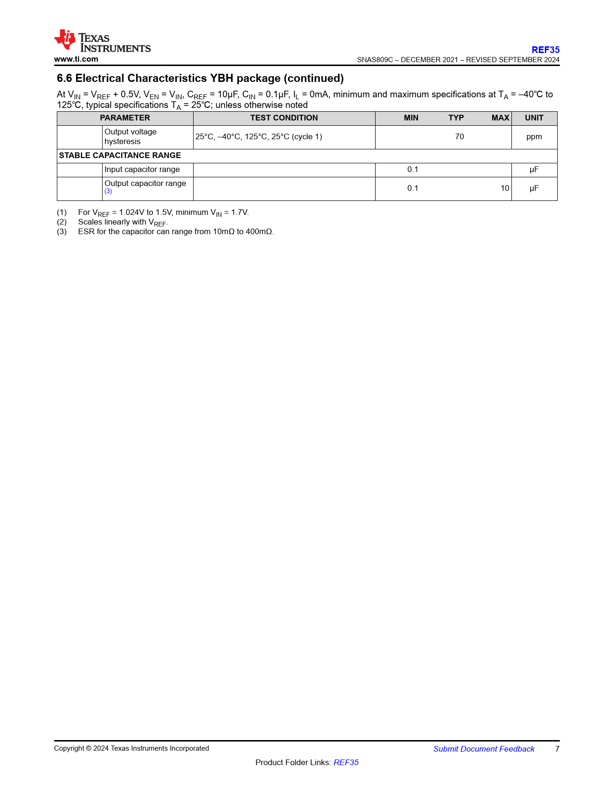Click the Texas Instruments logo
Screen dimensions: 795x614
[x=102, y=41]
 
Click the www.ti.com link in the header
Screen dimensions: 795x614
[x=76, y=59]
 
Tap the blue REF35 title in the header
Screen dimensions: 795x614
[x=545, y=50]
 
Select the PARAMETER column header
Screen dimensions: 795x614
[x=125, y=118]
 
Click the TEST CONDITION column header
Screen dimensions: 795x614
[x=284, y=118]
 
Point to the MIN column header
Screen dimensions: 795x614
[x=411, y=118]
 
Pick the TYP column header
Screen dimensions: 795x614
[x=456, y=118]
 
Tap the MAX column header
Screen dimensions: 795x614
[x=500, y=118]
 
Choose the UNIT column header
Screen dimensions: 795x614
[x=534, y=118]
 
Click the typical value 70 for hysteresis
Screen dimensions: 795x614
[x=459, y=137]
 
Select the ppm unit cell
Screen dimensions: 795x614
[x=534, y=137]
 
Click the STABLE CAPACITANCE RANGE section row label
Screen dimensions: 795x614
[x=120, y=156]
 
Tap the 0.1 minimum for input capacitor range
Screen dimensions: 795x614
[x=413, y=170]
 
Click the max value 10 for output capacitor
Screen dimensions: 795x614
[x=504, y=188]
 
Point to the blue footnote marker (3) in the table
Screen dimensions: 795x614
[x=108, y=192]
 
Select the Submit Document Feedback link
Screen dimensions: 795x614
[x=483, y=749]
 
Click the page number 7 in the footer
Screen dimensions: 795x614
[x=557, y=749]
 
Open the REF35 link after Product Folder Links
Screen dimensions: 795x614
[x=346, y=762]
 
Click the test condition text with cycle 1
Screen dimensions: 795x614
[x=259, y=137]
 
